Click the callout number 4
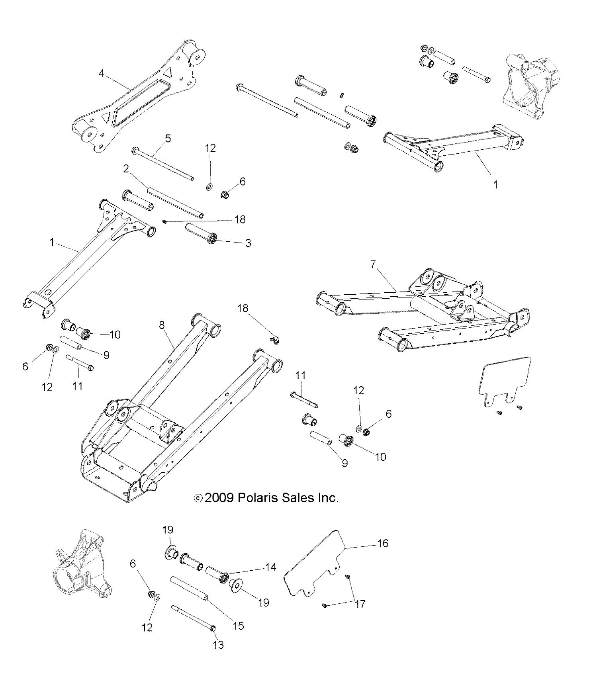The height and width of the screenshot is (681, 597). [x=102, y=74]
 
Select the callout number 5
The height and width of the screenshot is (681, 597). [x=168, y=139]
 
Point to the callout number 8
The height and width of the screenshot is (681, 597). [x=162, y=325]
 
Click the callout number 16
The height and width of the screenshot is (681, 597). [x=382, y=543]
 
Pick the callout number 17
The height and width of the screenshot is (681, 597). [x=360, y=604]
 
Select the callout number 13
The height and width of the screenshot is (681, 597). [x=219, y=645]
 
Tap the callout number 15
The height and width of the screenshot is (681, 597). [x=238, y=626]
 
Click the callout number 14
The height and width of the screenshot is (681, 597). [x=270, y=567]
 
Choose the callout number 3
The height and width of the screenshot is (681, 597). [x=248, y=243]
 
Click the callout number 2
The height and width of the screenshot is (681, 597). [x=126, y=169]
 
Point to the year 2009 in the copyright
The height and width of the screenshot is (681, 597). [x=219, y=498]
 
